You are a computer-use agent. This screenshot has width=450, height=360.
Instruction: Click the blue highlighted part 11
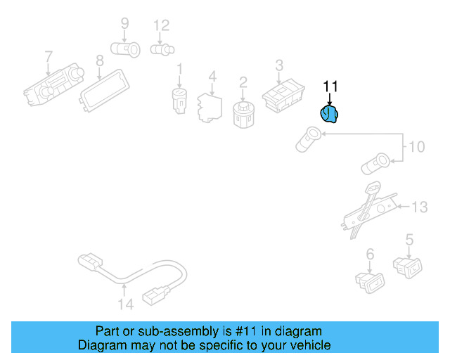pyautogui.click(x=329, y=114)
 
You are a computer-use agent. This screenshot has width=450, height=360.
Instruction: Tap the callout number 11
pyautogui.click(x=330, y=86)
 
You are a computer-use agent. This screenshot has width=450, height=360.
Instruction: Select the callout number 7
pyautogui.click(x=49, y=56)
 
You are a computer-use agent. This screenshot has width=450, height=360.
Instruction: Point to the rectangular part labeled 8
pyautogui.click(x=104, y=91)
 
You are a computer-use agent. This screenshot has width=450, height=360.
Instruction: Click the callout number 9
pyautogui.click(x=125, y=23)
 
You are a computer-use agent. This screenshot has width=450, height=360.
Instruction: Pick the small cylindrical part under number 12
pyautogui.click(x=162, y=49)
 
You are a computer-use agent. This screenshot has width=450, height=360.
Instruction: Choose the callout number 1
pyautogui.click(x=180, y=70)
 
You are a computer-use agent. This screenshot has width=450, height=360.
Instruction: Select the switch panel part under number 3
pyautogui.click(x=283, y=96)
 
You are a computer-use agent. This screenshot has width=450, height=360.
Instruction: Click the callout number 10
pyautogui.click(x=416, y=147)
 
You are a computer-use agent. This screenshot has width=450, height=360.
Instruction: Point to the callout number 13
pyautogui.click(x=420, y=207)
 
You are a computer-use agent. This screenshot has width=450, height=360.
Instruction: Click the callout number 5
pyautogui.click(x=409, y=240)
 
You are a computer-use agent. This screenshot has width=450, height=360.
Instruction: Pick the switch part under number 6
pyautogui.click(x=370, y=282)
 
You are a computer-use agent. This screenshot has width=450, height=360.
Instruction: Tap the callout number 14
pyautogui.click(x=126, y=304)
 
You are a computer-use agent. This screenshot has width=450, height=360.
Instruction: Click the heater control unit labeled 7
pyautogui.click(x=53, y=84)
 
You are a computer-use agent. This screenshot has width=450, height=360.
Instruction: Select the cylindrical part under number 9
pyautogui.click(x=125, y=49)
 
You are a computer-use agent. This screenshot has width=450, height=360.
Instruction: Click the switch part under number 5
pyautogui.click(x=408, y=268)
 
